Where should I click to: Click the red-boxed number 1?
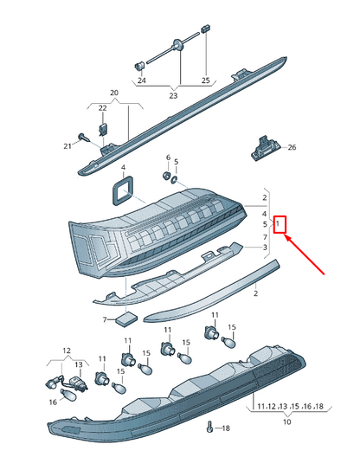pyautogui.click(x=278, y=224)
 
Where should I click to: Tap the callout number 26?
pyautogui.click(x=292, y=147)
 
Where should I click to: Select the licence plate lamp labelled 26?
pyautogui.click(x=266, y=148)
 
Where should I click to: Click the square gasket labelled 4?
pyautogui.click(x=122, y=191)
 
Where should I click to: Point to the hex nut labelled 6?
pyautogui.click(x=166, y=176)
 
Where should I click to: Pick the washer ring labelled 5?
pyautogui.click(x=174, y=180)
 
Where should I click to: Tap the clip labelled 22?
pyautogui.click(x=103, y=129)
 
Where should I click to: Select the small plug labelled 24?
pyautogui.click(x=139, y=66)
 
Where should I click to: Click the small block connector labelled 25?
pyautogui.click(x=205, y=29)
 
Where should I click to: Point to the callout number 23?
pyautogui.click(x=173, y=95)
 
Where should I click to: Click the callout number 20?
pyautogui.click(x=114, y=93)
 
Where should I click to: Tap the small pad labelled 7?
pyautogui.click(x=127, y=319)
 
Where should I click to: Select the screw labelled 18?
pyautogui.click(x=209, y=427)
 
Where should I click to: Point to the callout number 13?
pyautogui.click(x=79, y=364)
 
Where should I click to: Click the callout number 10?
pyautogui.click(x=286, y=422)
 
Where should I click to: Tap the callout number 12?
pyautogui.click(x=67, y=351)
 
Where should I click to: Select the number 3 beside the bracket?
pyautogui.click(x=265, y=248)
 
